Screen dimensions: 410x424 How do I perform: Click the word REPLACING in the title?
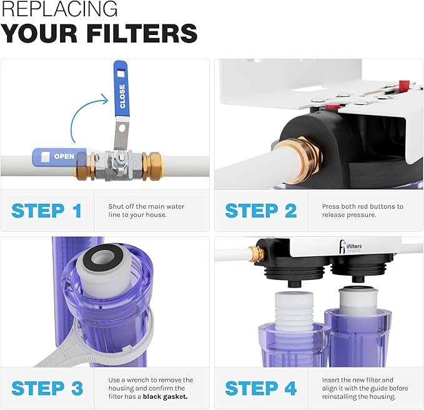coord(59,9)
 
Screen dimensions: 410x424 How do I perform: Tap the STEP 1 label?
coord(47,211)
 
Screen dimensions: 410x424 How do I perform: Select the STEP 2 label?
coord(261,211)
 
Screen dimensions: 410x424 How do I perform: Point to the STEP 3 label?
coord(47,388)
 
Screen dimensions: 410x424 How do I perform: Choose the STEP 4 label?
coord(261,388)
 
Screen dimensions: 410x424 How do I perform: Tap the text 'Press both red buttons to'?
coord(362,206)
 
